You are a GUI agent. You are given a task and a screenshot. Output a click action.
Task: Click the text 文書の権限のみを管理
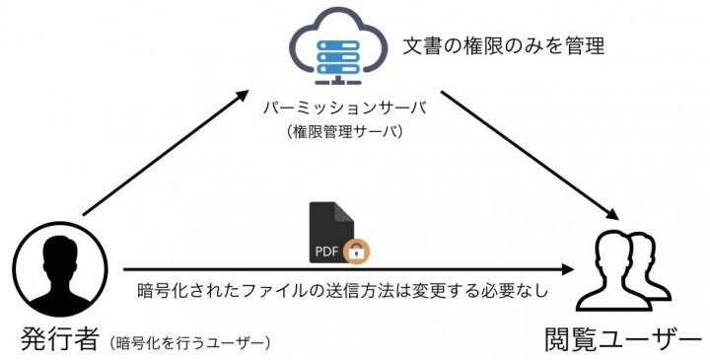click(x=503, y=45)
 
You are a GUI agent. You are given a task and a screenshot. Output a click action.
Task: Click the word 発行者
click(x=60, y=339)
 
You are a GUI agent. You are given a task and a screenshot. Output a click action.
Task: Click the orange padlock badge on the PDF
click(x=358, y=252)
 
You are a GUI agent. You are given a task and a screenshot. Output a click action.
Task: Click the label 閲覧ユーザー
click(x=622, y=339)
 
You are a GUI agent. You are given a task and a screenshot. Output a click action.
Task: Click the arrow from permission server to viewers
click(x=528, y=153)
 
